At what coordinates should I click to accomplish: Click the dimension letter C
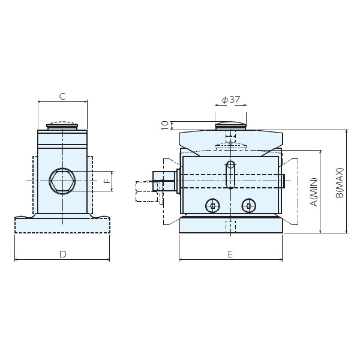click(62, 95)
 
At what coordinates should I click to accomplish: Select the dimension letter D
click(62, 254)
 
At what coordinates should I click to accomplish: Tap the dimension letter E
click(230, 254)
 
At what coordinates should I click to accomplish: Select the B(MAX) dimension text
click(339, 182)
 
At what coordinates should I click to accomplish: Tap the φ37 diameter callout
click(230, 99)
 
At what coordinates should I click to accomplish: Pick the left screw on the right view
click(213, 206)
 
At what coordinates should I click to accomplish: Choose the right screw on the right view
click(248, 206)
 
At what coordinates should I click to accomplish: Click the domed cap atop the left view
click(62, 125)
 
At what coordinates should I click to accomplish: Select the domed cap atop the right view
click(230, 125)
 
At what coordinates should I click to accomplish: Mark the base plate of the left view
click(62, 225)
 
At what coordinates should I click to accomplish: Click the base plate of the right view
click(230, 226)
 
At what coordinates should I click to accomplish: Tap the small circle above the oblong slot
click(230, 164)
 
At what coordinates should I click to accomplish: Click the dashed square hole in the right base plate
click(230, 227)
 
